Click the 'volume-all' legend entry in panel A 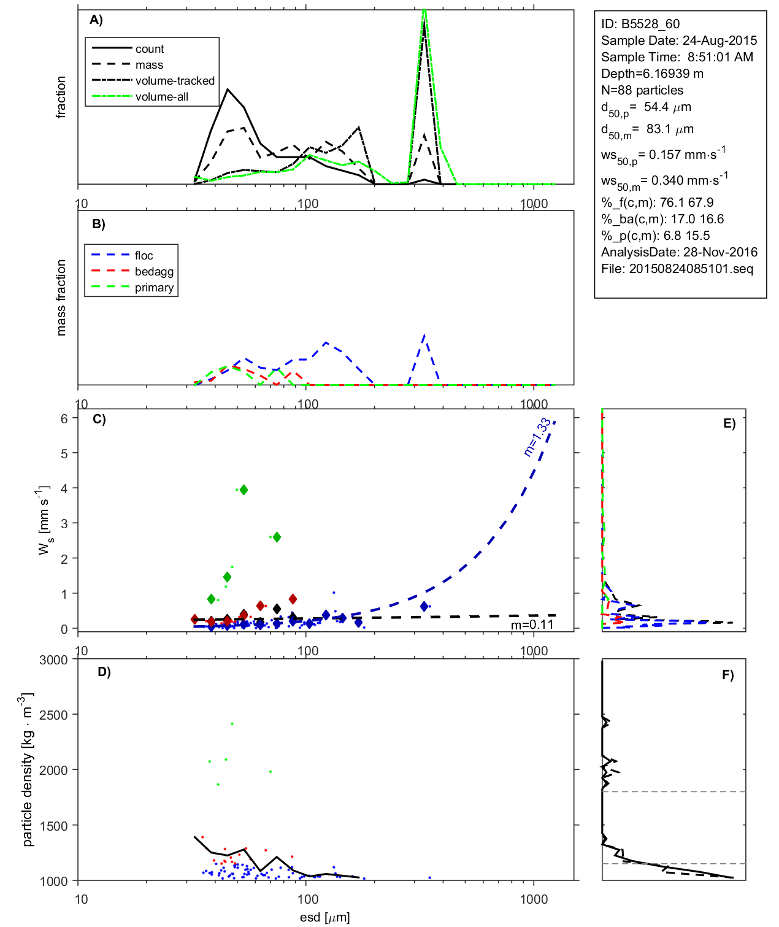(161, 97)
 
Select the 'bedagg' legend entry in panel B (154, 272)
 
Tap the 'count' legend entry (150, 49)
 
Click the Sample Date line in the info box (679, 40)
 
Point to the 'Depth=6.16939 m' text (652, 74)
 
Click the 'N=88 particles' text (642, 90)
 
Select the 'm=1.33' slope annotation (537, 437)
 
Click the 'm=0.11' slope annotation (532, 625)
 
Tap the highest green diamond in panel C (244, 490)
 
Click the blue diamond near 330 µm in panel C (424, 606)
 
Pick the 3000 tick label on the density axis (53, 660)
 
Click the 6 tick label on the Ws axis (64, 418)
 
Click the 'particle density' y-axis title (27, 770)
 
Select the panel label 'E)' (729, 423)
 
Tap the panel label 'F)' (727, 675)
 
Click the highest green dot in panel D (232, 724)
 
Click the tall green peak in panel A (424, 12)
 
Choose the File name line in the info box (677, 269)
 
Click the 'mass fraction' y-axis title (61, 298)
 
